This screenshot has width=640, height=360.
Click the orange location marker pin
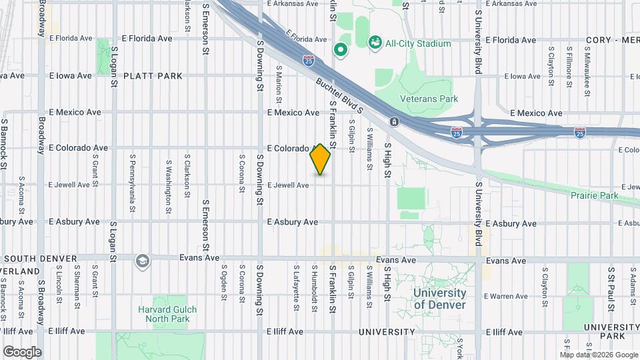pos(320,159)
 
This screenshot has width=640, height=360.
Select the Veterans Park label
pos(429,99)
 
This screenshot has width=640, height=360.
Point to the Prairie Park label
pos(594,195)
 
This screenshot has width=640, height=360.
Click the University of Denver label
pos(439,299)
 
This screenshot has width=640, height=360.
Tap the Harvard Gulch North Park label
pos(163,314)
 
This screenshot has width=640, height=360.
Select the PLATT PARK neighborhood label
pos(153,76)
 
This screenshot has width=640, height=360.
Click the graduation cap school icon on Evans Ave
pos(141,261)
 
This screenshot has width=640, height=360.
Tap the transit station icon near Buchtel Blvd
pos(394,121)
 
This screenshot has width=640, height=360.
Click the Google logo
pos(22,351)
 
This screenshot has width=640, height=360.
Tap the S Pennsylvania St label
pos(133,183)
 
